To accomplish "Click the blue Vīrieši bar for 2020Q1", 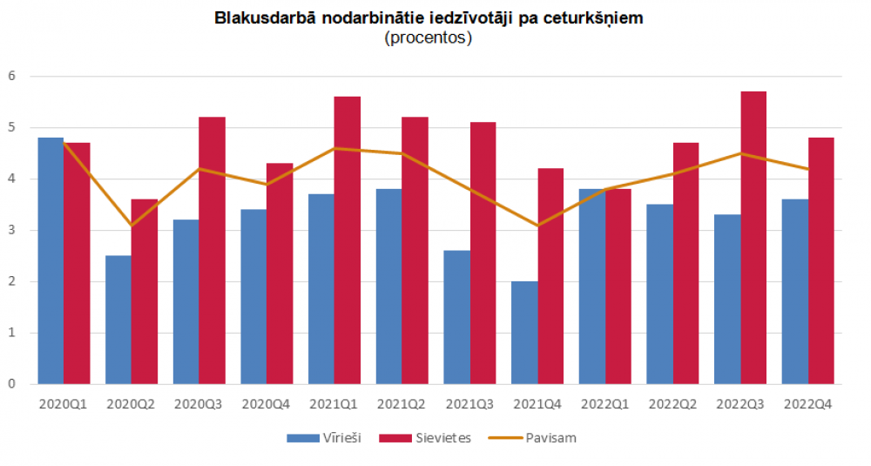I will pyautogui.click(x=51, y=261).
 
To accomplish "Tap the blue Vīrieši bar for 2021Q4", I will pyautogui.click(x=524, y=333).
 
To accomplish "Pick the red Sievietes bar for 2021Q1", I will pyautogui.click(x=348, y=240).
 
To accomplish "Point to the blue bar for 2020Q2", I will pyautogui.click(x=118, y=320).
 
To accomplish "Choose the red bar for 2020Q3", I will pyautogui.click(x=213, y=251).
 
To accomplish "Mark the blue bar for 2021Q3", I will pyautogui.click(x=456, y=317).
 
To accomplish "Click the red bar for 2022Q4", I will pyautogui.click(x=821, y=261).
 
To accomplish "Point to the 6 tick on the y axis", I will pyautogui.click(x=12, y=77).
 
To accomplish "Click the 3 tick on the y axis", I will pyautogui.click(x=12, y=231).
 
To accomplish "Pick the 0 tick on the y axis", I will pyautogui.click(x=12, y=384).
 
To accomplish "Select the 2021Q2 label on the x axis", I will pyautogui.click(x=402, y=405).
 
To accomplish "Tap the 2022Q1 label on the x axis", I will pyautogui.click(x=605, y=405).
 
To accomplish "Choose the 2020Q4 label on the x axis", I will pyautogui.click(x=267, y=405).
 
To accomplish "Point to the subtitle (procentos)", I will pyautogui.click(x=428, y=38).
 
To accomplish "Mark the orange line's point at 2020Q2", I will pyautogui.click(x=132, y=226).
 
